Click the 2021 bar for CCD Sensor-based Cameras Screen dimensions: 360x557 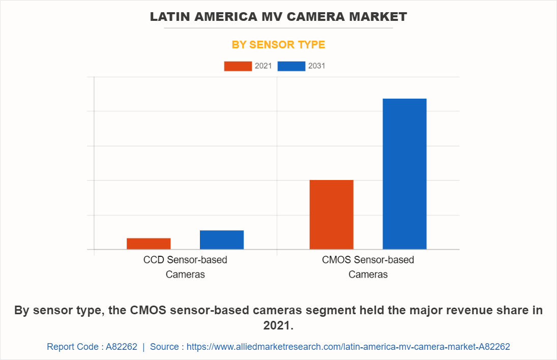pyautogui.click(x=149, y=244)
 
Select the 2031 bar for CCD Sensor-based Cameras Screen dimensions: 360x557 pyautogui.click(x=222, y=240)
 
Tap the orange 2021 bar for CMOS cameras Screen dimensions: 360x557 pyautogui.click(x=331, y=215)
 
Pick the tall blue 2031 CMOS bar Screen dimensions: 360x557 pyautogui.click(x=404, y=174)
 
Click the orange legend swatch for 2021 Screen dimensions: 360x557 pyautogui.click(x=238, y=66)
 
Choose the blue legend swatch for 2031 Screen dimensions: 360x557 pyautogui.click(x=291, y=66)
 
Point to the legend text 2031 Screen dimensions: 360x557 pyautogui.click(x=316, y=66)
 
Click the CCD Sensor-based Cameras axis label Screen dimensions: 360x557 pyautogui.click(x=185, y=267)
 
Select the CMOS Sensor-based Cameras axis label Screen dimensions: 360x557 pyautogui.click(x=368, y=267)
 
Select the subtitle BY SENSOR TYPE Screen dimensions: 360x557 pyautogui.click(x=278, y=45)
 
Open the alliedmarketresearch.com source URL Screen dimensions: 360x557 pyautogui.click(x=348, y=347)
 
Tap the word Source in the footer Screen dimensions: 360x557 pyautogui.click(x=164, y=347)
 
